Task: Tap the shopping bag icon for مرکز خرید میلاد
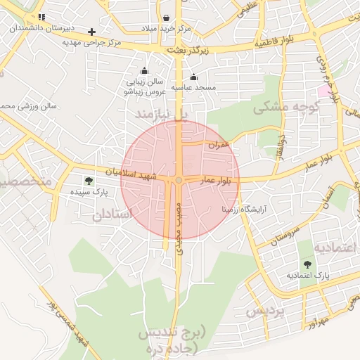[165, 18]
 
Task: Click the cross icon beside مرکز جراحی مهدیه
[91, 32]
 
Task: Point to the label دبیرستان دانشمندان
[41, 28]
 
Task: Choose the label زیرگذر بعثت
[189, 51]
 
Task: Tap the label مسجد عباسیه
[194, 88]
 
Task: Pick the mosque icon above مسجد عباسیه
[194, 77]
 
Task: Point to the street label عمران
[219, 144]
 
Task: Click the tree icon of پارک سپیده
[88, 181]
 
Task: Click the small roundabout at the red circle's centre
[179, 181]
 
